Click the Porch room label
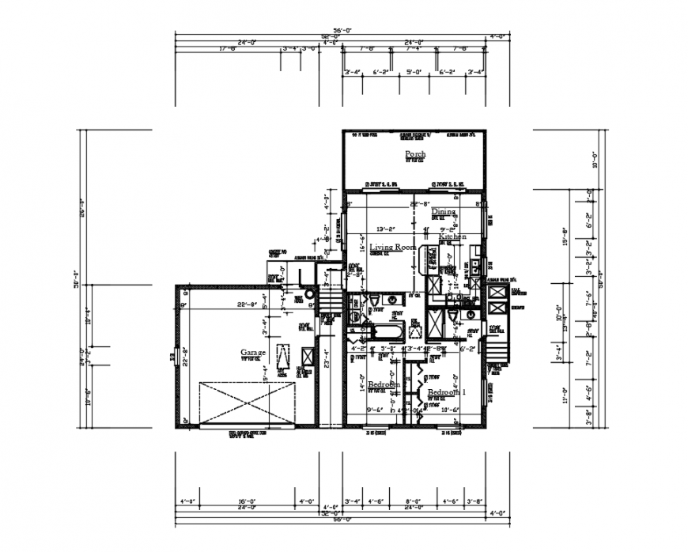415,153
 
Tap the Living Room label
392,248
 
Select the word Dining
444,212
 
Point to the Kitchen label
452,237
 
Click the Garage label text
254,353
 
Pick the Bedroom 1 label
447,392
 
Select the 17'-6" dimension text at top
229,48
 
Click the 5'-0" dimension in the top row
413,72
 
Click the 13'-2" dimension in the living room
385,230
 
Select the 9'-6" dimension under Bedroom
376,410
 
